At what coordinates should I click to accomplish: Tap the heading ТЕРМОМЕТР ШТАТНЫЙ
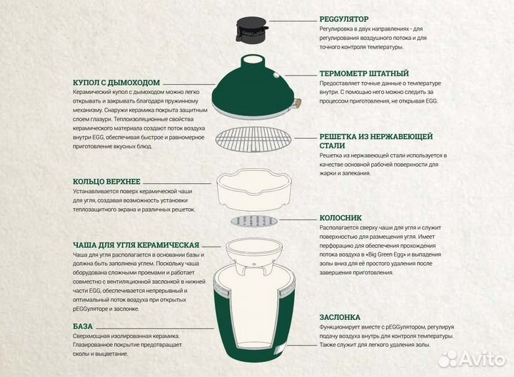(x=364, y=73)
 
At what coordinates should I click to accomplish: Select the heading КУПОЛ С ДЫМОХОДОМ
(x=116, y=82)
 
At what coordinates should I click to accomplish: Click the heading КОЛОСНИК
(x=342, y=217)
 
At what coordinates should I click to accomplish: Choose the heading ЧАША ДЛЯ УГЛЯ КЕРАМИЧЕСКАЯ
(x=136, y=244)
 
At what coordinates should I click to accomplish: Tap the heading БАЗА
(x=83, y=326)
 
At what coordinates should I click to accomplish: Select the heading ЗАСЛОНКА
(x=340, y=316)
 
